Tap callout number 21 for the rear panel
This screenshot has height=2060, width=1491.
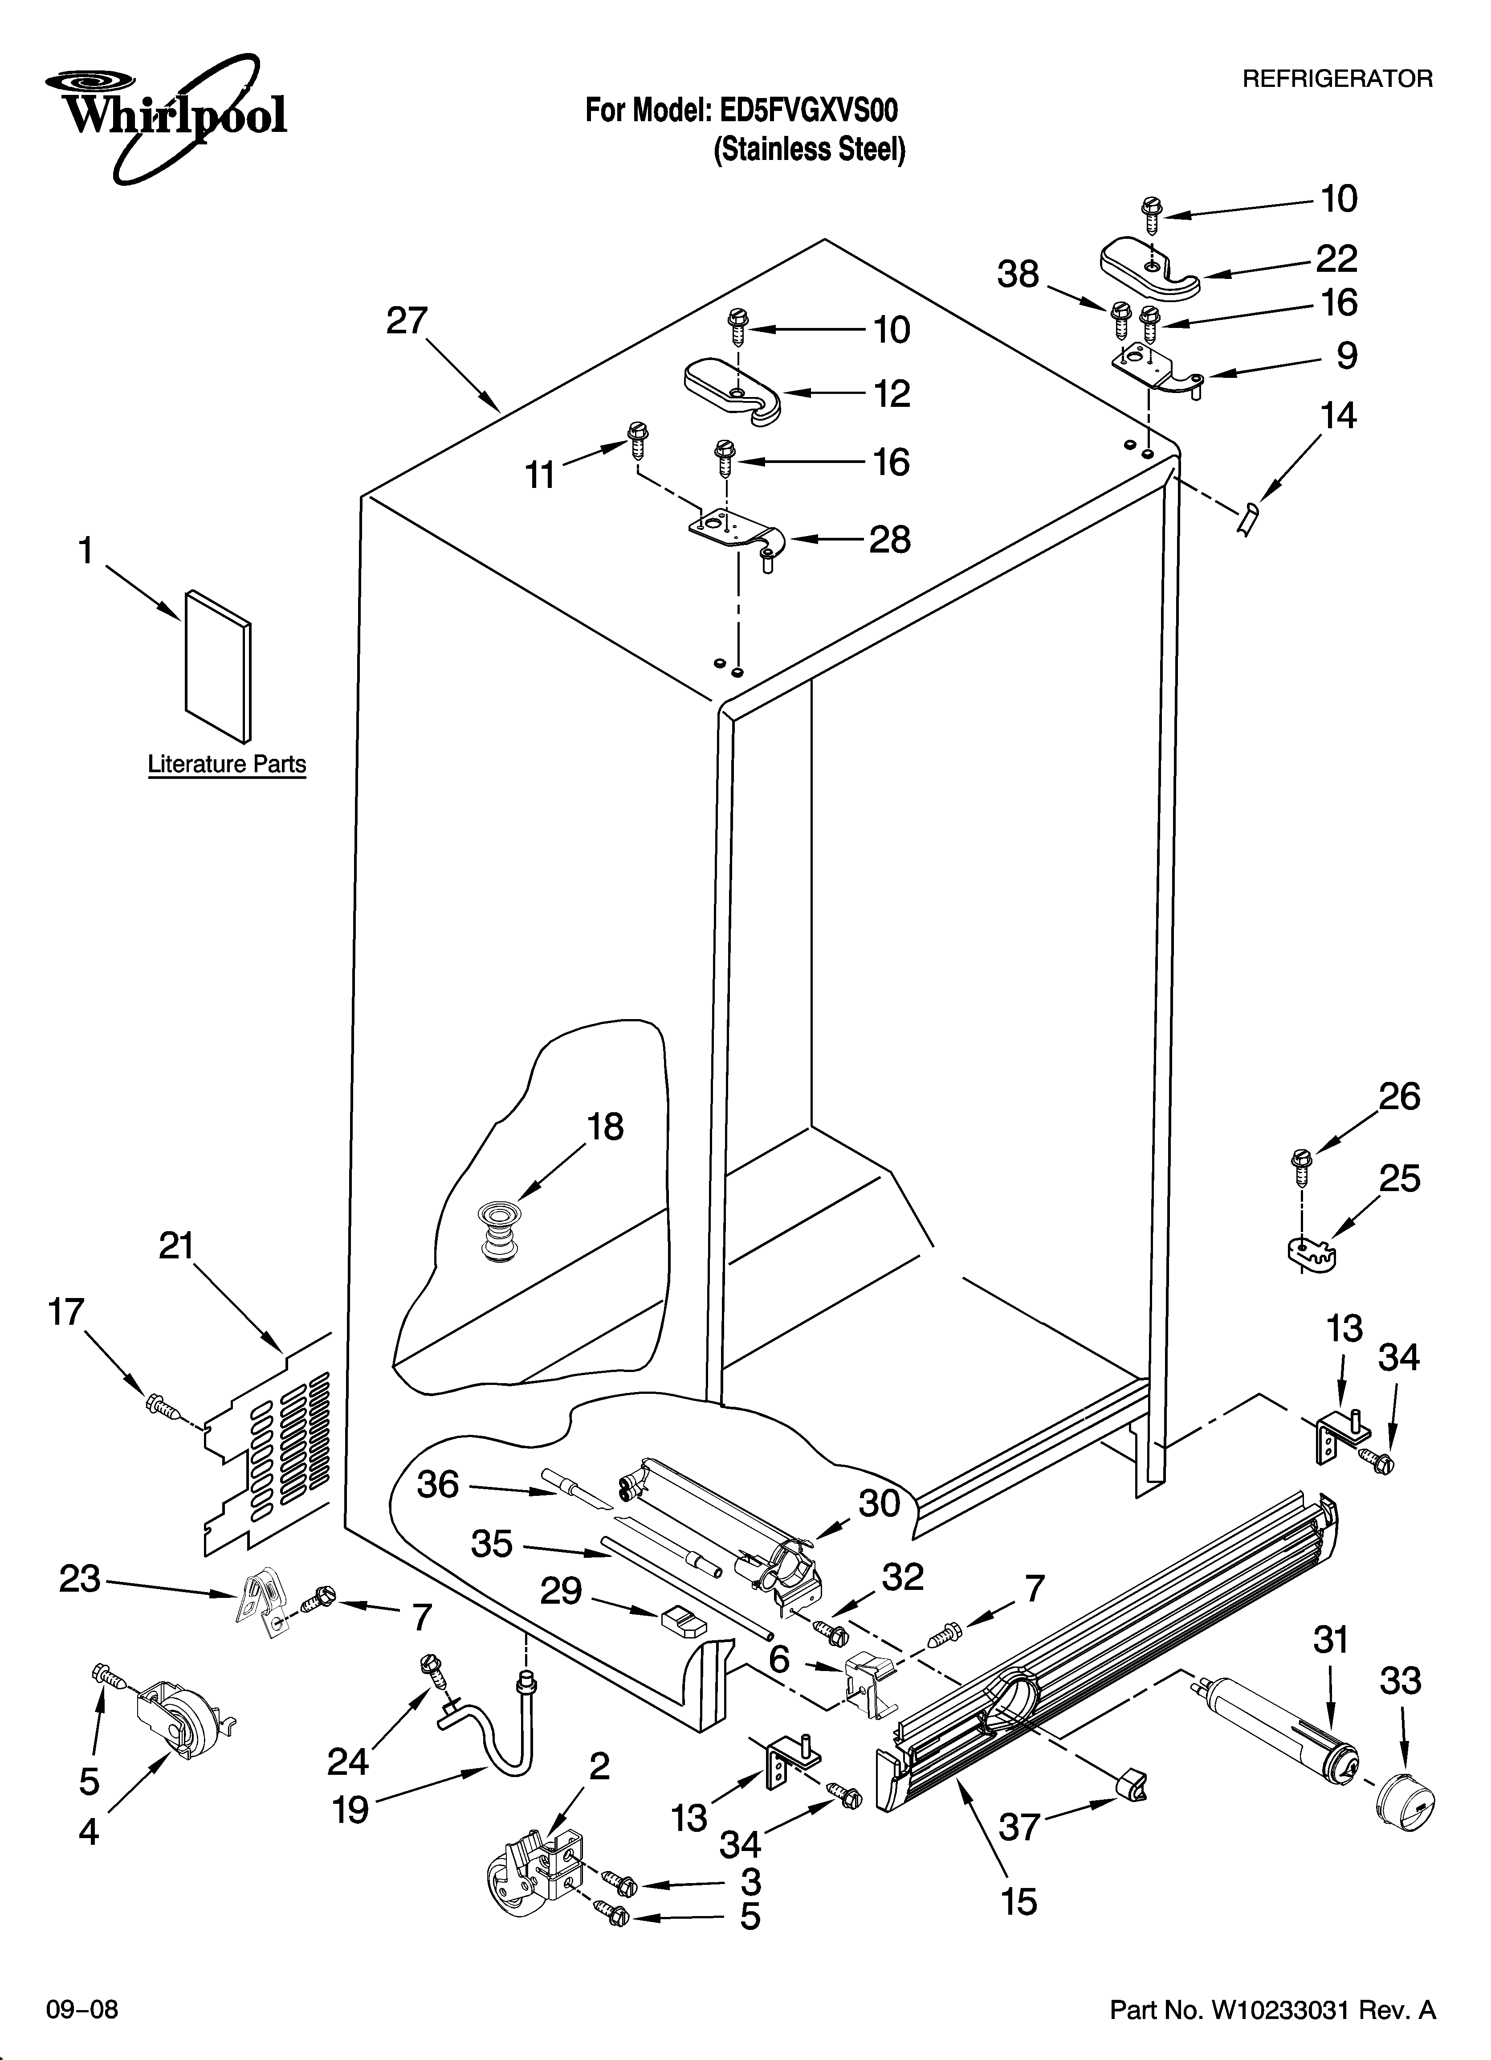pos(177,1245)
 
